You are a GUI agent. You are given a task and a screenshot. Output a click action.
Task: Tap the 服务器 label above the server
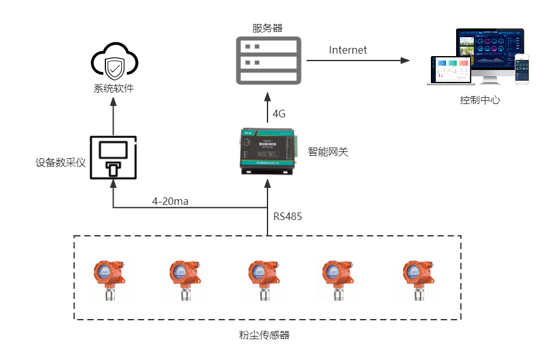click(x=268, y=28)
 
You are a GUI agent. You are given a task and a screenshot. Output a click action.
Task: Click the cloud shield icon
click(x=114, y=61)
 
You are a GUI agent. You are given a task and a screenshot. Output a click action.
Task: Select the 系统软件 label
click(x=114, y=88)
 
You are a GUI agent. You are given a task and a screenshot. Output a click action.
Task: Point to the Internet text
click(x=348, y=50)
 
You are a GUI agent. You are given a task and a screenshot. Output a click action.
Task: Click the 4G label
click(x=279, y=114)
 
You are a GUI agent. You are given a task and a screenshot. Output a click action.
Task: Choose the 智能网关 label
click(x=328, y=152)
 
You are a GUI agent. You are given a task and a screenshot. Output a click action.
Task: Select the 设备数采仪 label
click(x=61, y=162)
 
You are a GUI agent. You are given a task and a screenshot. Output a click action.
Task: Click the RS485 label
click(x=288, y=217)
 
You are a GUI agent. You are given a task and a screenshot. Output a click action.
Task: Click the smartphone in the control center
click(x=522, y=68)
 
